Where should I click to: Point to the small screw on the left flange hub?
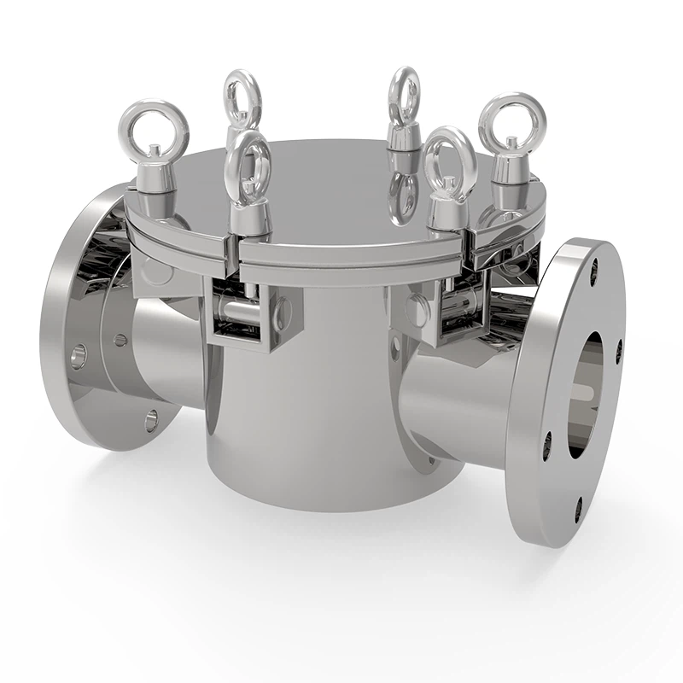[x=120, y=340]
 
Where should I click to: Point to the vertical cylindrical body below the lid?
[x=299, y=410]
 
